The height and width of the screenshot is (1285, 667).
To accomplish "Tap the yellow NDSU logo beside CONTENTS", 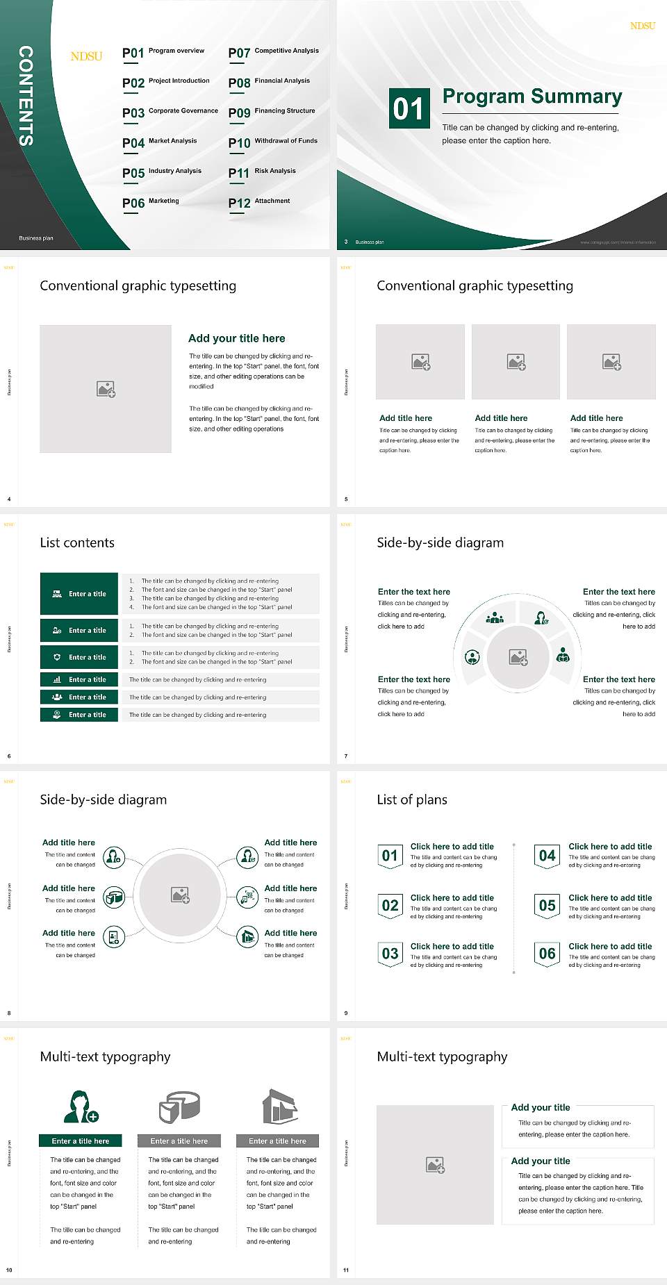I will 86,56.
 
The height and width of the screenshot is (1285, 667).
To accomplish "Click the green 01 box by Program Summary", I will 409,108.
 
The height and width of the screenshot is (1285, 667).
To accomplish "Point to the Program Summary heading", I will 532,97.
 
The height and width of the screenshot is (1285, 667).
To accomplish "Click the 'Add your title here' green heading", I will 236,338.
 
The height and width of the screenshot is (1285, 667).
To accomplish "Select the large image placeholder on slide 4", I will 106,389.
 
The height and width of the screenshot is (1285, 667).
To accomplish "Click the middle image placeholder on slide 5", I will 516,362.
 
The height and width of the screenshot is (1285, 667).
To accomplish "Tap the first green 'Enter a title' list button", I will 79,594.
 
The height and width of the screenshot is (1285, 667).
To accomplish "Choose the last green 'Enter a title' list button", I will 79,715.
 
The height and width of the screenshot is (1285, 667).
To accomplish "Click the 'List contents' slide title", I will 77,542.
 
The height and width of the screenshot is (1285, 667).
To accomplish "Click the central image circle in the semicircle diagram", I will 518,656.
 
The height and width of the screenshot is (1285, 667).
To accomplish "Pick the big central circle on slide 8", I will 180,895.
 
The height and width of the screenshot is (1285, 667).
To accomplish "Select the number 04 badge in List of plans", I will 547,856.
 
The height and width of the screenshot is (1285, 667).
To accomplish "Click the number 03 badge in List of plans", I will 390,954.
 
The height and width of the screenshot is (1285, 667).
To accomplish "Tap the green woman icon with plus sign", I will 81,1107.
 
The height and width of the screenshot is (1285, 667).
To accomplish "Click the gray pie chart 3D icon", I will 179,1106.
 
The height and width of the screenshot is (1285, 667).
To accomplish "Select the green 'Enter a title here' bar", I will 81,1141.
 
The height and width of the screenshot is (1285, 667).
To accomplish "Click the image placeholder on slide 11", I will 435,1165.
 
